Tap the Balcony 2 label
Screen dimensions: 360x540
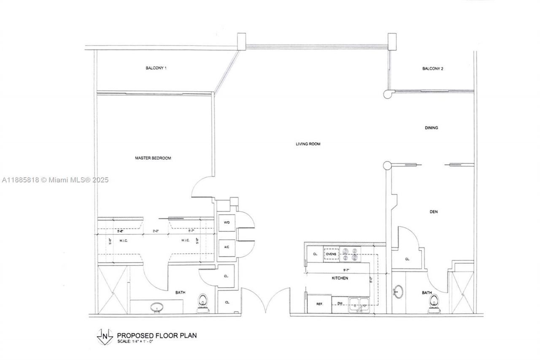(x=432, y=68)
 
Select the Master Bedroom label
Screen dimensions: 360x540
(x=153, y=158)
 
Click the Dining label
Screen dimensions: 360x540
(x=431, y=127)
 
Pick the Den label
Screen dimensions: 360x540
(x=433, y=212)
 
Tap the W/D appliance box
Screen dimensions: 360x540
(x=226, y=222)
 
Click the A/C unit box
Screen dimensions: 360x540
(x=226, y=247)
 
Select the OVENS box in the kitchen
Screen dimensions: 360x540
(x=331, y=254)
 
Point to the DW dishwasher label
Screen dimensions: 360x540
(x=340, y=303)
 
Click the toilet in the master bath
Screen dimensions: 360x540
(x=203, y=303)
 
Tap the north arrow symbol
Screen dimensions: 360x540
(x=104, y=336)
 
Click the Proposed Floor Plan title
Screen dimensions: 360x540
(x=157, y=336)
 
